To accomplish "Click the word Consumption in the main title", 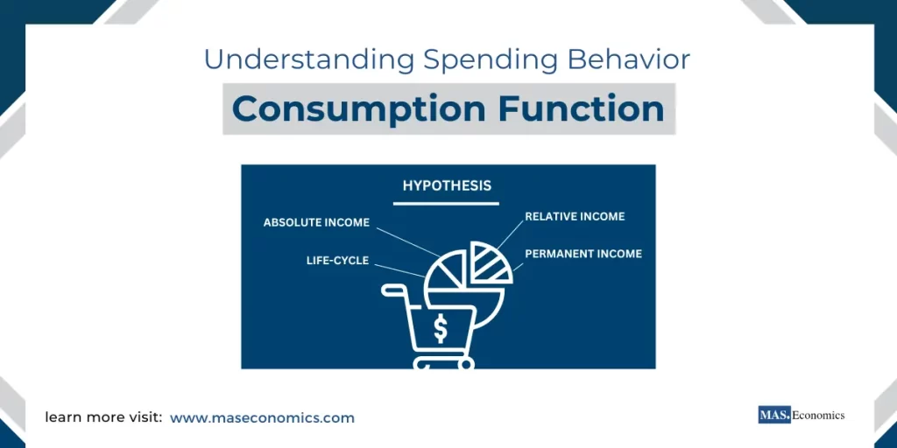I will tap(358, 109).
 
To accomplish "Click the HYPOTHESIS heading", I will tap(447, 185).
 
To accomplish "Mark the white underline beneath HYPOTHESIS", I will tap(447, 203).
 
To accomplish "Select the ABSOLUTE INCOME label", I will tap(316, 222).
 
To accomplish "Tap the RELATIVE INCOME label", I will tap(575, 216).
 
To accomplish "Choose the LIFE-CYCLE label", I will tap(337, 261).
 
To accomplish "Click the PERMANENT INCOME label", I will tap(583, 254).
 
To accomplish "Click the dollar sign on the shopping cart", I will tap(441, 328).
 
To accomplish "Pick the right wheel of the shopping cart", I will tap(465, 362).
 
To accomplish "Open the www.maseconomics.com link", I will tap(262, 418).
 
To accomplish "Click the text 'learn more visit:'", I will tap(103, 418).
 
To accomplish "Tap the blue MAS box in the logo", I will tap(774, 415).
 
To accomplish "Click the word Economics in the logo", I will tap(818, 415).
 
